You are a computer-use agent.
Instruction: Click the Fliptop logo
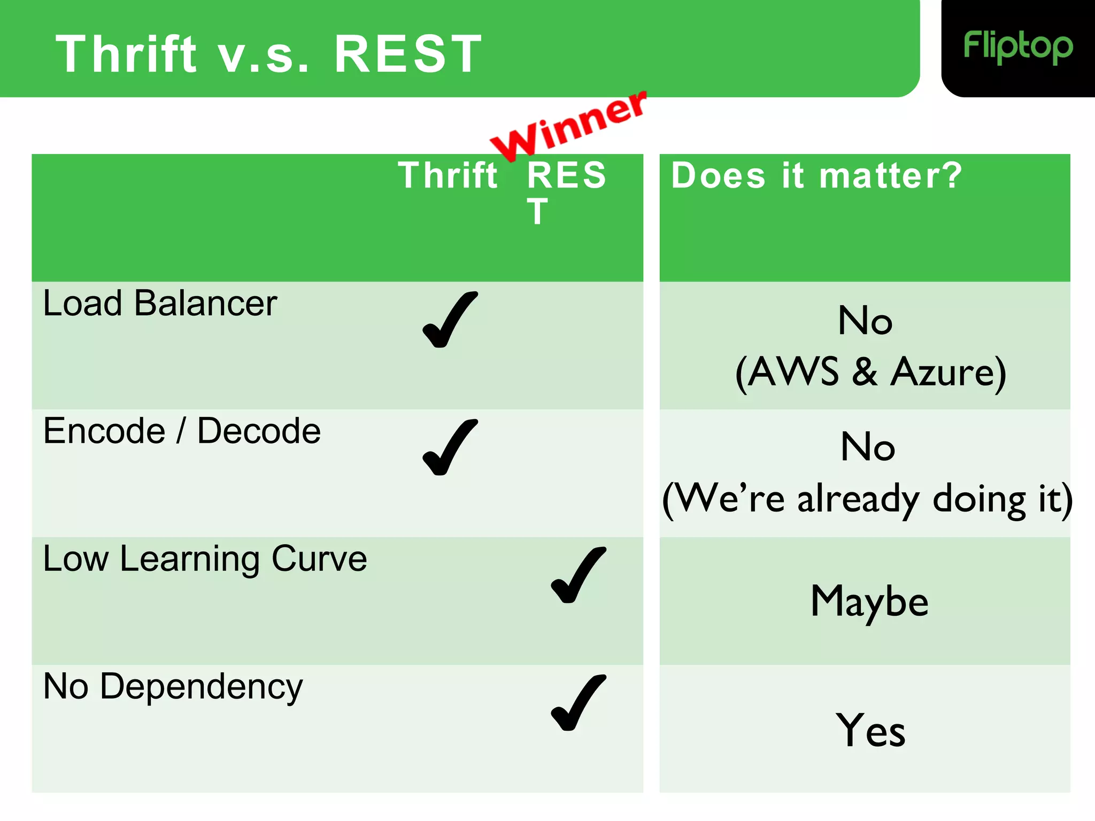[x=1017, y=47]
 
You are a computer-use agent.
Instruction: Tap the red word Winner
[x=569, y=126]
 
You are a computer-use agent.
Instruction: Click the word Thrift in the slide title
[x=126, y=54]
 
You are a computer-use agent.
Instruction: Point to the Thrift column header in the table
[x=448, y=176]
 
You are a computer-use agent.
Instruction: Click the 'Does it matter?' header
[x=816, y=176]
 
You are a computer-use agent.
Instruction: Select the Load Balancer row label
[x=160, y=304]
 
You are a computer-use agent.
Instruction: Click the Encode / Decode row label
[x=182, y=431]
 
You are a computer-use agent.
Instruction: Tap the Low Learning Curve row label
[x=205, y=559]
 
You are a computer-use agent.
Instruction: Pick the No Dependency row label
[x=173, y=687]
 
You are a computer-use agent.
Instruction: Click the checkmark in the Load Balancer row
[x=450, y=320]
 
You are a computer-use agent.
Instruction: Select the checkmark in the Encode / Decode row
[x=450, y=448]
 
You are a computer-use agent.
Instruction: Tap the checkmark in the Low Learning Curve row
[x=578, y=576]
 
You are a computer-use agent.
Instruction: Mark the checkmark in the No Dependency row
[x=578, y=703]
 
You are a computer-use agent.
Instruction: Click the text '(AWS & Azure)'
[x=870, y=372]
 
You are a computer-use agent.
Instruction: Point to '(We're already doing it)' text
[x=867, y=499]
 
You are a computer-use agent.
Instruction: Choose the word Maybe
[x=869, y=602]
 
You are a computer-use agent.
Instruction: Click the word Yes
[x=870, y=730]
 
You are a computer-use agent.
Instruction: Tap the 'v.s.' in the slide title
[x=263, y=54]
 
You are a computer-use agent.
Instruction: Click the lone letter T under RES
[x=537, y=212]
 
